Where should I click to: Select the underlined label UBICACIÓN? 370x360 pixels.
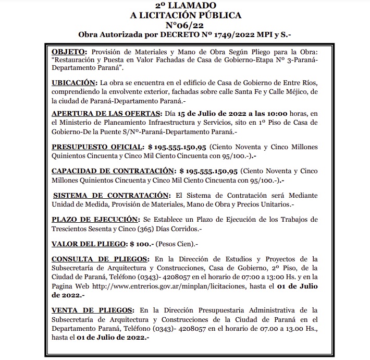coord(75,82)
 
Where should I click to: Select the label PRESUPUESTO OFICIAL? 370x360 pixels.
coord(97,147)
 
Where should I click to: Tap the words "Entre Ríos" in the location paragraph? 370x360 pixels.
coord(302,82)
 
